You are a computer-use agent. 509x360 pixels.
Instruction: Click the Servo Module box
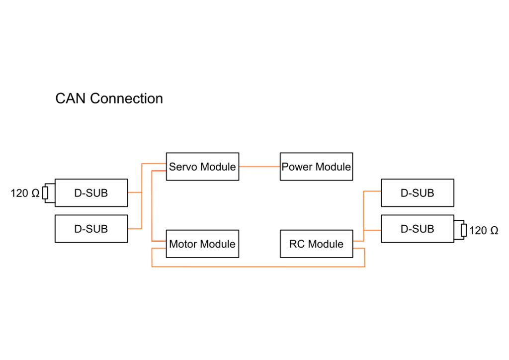[202, 167]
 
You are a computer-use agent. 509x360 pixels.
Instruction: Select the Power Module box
[316, 167]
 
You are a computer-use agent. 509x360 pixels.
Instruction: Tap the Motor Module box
[202, 244]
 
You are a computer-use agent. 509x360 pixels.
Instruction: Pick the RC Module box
[316, 244]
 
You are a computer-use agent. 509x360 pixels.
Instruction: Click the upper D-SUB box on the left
[91, 193]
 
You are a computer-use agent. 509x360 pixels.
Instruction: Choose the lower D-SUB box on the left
[91, 229]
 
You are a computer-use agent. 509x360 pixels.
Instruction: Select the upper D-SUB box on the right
[417, 193]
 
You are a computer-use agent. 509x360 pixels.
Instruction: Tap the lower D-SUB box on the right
[417, 229]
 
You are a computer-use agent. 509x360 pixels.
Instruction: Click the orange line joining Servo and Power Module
[259, 167]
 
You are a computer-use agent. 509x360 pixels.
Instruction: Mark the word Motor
[182, 244]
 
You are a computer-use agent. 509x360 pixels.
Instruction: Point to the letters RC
[297, 244]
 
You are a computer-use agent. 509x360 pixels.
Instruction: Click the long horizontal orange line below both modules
[258, 267]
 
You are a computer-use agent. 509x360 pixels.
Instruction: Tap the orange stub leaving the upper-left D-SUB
[135, 192]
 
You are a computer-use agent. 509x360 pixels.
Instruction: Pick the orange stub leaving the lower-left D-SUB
[135, 229]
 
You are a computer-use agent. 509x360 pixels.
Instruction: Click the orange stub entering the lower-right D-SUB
[373, 230]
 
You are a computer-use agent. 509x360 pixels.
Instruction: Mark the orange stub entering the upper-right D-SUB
[373, 191]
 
